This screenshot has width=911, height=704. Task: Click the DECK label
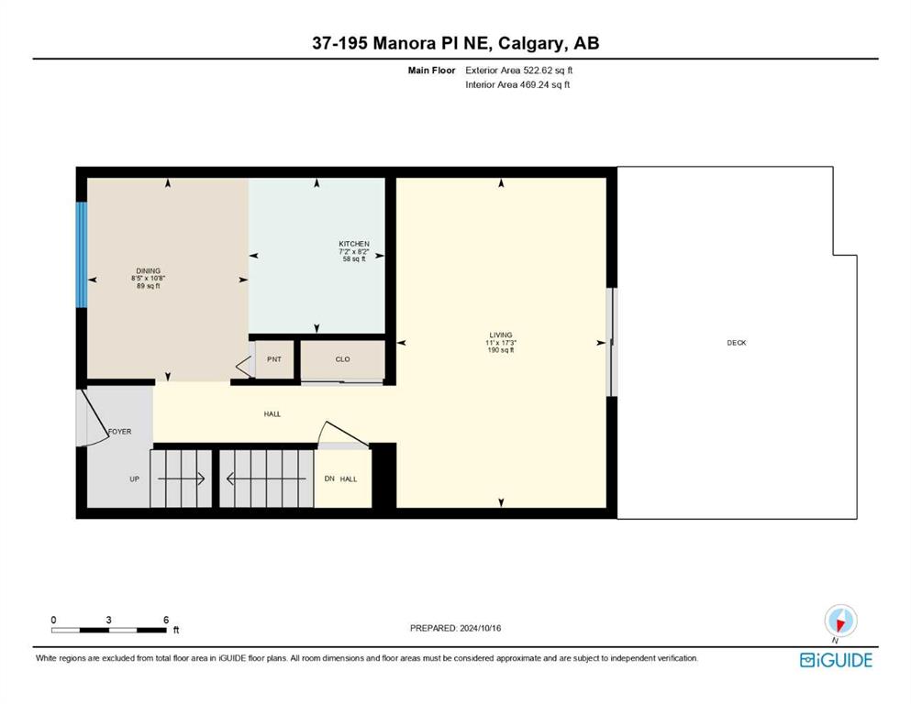point(736,343)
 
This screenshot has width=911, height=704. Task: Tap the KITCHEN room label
point(354,245)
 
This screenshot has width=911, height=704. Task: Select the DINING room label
point(148,271)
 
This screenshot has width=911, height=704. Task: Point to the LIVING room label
point(501,335)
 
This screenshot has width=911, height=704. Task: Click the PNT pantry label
point(274,359)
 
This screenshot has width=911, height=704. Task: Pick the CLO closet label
point(343,359)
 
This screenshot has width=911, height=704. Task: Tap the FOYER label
point(119,432)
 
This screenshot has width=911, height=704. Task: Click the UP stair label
point(134,479)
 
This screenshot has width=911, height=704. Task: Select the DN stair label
point(329,478)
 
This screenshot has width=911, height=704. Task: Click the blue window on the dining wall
point(82,254)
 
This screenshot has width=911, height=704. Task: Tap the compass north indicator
point(840,621)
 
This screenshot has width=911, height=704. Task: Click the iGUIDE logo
point(836,661)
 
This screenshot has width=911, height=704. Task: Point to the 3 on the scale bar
point(108,620)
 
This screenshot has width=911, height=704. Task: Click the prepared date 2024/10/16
point(481,628)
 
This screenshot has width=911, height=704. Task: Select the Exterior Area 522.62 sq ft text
point(519,71)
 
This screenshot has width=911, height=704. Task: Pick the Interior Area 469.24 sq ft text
point(517,84)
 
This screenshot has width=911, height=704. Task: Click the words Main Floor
point(432,71)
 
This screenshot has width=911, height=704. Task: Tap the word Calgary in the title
point(531,43)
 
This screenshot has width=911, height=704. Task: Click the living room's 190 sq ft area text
point(501,350)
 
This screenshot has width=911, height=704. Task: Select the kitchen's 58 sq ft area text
point(354,259)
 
